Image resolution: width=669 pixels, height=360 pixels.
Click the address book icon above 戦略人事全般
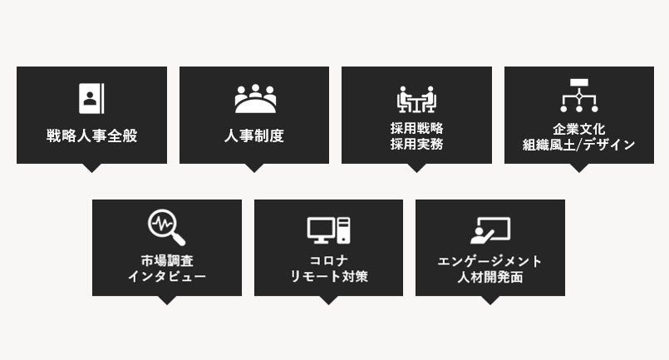point(91,98)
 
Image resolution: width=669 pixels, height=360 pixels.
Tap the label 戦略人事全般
point(91,136)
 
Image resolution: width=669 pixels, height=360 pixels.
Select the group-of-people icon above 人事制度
point(254,99)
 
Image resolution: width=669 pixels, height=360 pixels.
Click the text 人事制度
point(254,136)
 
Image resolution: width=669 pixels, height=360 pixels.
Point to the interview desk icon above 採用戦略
point(416,99)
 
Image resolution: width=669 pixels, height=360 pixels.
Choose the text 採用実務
point(416,144)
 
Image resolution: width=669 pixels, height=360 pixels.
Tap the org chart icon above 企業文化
point(578,96)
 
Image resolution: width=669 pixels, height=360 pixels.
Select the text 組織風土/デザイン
point(578,144)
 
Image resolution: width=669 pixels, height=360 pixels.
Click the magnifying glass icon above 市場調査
point(166,227)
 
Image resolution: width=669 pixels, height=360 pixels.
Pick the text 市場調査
point(166,260)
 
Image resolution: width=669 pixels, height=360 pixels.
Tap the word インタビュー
point(166,276)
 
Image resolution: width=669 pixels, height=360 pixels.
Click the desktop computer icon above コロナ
point(328,229)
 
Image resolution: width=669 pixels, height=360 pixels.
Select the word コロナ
point(328,260)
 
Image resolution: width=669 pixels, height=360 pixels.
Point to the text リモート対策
point(328,276)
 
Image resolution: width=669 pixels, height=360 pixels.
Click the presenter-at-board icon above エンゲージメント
point(489,230)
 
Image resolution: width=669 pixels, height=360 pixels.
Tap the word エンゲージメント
point(489,260)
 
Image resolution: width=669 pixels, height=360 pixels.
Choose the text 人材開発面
point(489,276)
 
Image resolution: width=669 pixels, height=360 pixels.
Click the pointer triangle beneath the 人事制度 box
point(254,167)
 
